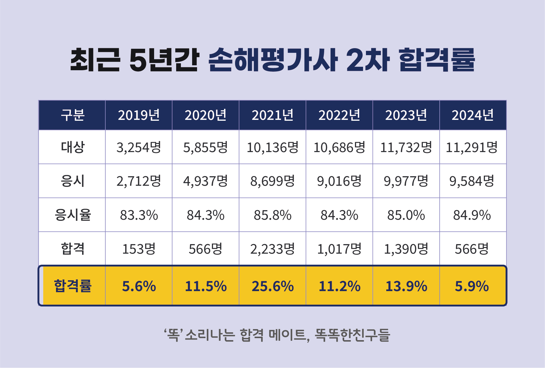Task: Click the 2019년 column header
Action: click(139, 115)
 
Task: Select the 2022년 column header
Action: click(339, 115)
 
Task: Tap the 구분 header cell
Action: click(72, 115)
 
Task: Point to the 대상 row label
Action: click(72, 147)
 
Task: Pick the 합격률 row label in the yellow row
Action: click(73, 286)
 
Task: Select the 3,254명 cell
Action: click(139, 147)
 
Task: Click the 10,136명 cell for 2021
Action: click(272, 147)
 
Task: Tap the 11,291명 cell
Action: click(472, 147)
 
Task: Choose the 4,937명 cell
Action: click(205, 181)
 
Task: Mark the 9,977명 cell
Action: click(406, 181)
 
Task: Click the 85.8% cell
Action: click(272, 215)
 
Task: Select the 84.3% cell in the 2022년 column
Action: click(339, 215)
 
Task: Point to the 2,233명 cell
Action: click(272, 249)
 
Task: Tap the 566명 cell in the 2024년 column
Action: click(472, 249)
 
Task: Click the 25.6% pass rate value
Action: click(272, 286)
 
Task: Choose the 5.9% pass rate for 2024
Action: click(472, 286)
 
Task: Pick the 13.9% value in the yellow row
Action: click(406, 286)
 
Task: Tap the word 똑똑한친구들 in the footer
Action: click(352, 335)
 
